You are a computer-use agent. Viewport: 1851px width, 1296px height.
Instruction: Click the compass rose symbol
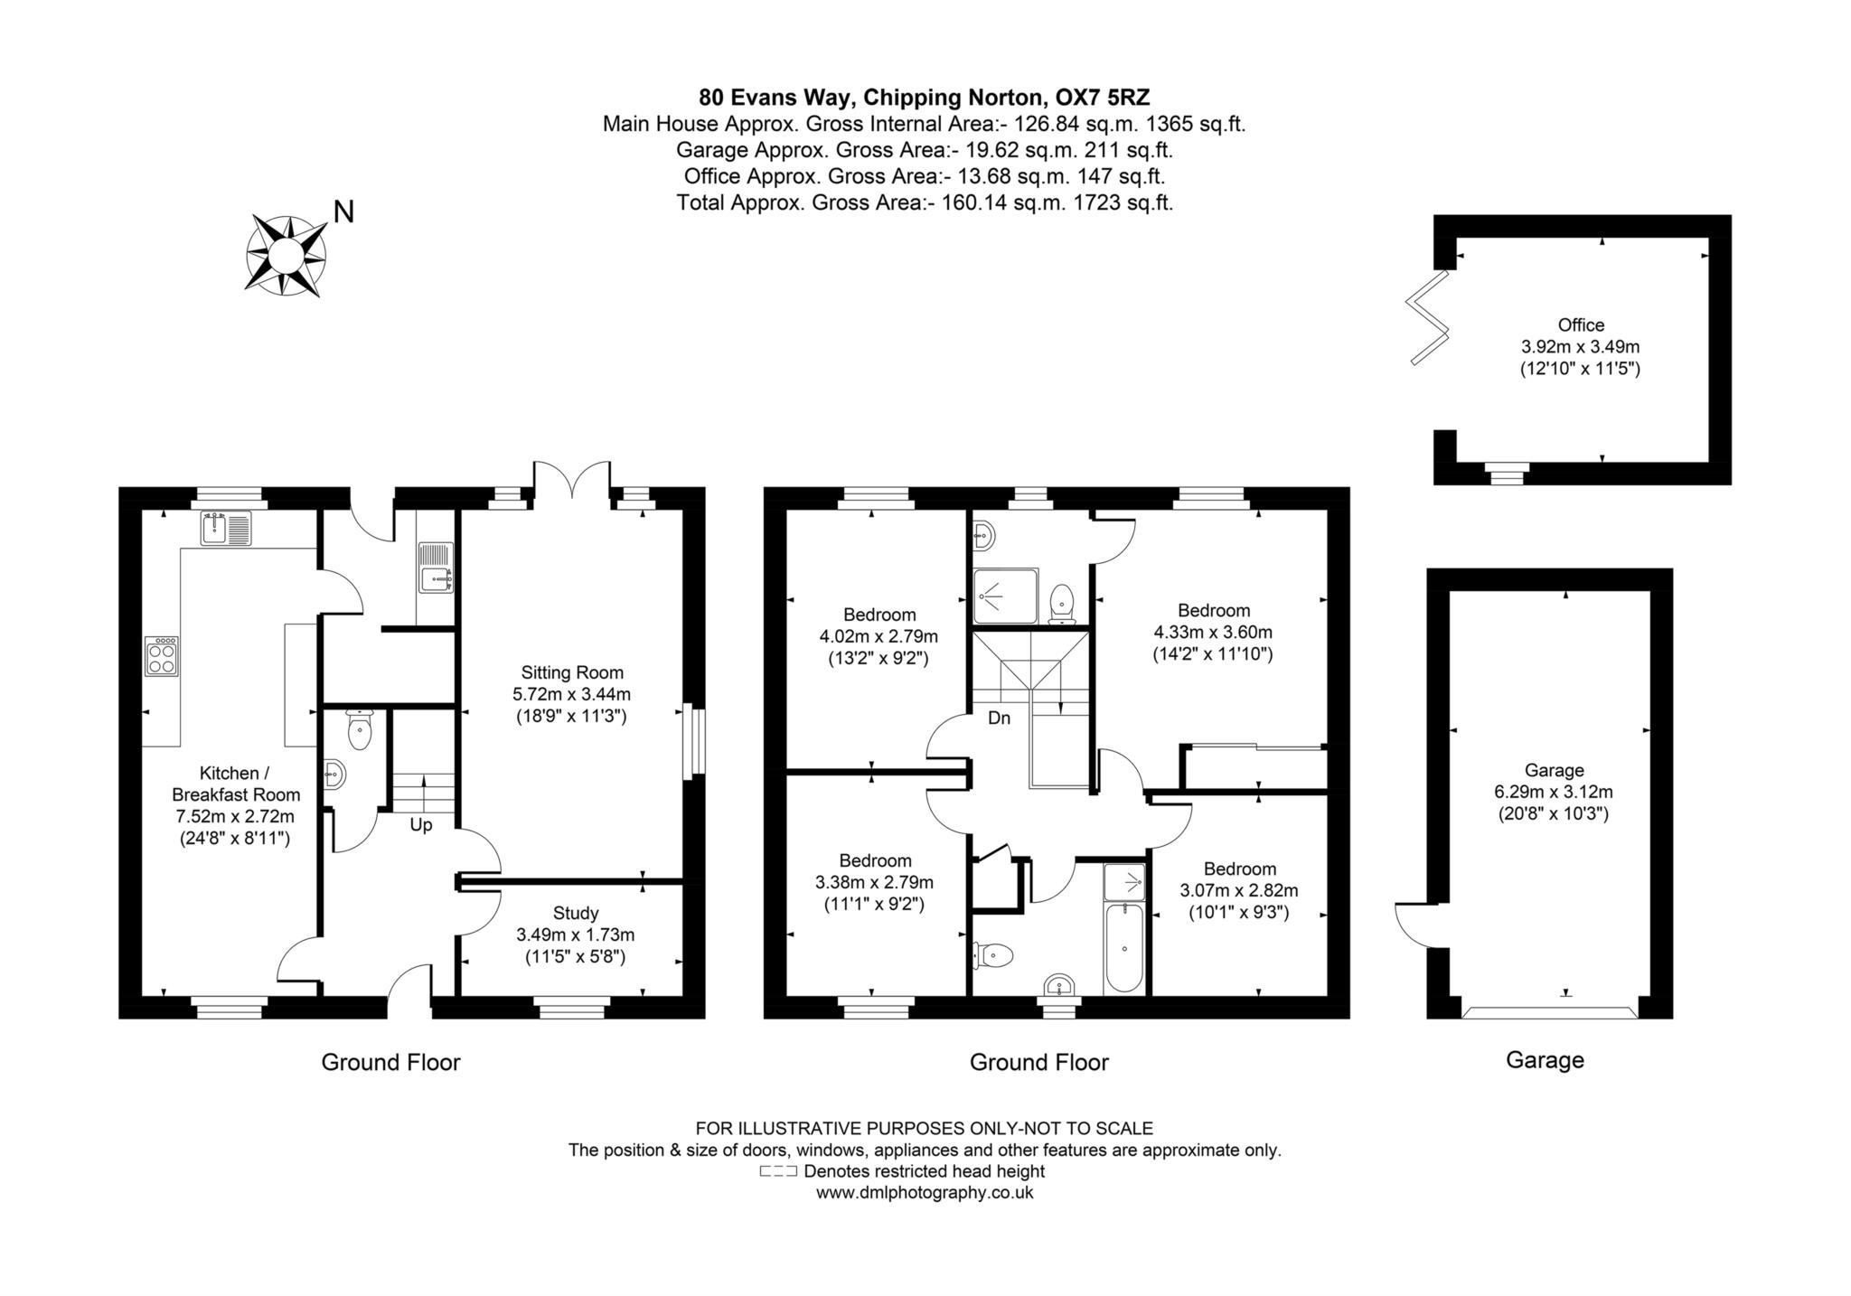click(x=286, y=254)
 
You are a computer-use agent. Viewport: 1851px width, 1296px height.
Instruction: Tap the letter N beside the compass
click(x=343, y=212)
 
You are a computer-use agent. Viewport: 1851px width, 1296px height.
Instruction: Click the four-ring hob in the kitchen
click(x=162, y=656)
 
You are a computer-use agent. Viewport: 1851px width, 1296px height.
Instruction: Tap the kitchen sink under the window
click(x=226, y=529)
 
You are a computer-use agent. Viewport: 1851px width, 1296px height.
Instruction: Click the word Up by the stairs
click(x=421, y=825)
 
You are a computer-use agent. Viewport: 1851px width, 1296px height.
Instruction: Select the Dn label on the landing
click(x=999, y=718)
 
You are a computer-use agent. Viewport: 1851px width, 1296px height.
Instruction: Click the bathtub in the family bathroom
click(x=1124, y=948)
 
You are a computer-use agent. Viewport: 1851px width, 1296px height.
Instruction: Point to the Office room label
click(x=1580, y=346)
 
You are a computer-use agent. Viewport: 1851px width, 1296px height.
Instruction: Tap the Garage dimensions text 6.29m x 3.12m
click(x=1554, y=792)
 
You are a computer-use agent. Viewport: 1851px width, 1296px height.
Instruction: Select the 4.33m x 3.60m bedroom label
click(x=1213, y=632)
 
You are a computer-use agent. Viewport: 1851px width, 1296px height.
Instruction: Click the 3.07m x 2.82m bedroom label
click(x=1239, y=890)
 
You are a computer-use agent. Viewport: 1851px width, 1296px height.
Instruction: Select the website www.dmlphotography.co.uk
click(x=924, y=1193)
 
